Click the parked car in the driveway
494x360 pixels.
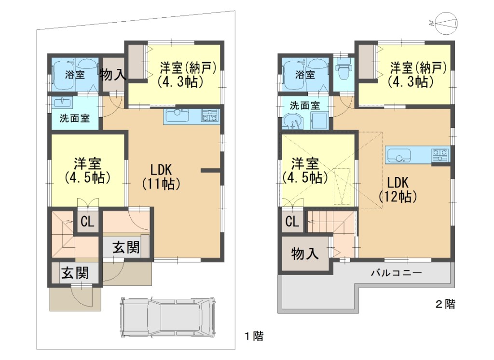(167, 317)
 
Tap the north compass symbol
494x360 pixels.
(444, 23)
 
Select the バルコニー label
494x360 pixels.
(396, 272)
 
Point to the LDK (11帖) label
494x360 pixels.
(161, 177)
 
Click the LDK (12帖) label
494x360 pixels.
(398, 189)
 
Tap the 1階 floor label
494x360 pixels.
(254, 336)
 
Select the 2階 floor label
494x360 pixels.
(445, 304)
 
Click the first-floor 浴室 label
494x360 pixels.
(75, 75)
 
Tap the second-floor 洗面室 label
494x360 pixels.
(305, 106)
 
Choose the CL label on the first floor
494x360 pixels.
(87, 222)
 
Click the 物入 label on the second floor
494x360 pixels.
(305, 253)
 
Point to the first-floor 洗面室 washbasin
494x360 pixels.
(62, 102)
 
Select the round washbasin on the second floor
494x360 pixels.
(293, 122)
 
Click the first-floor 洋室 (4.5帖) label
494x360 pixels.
(88, 171)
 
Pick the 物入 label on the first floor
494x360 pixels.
(113, 75)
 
